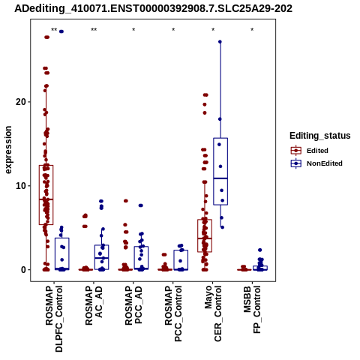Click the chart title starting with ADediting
pos(153,9)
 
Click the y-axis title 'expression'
pos(8,150)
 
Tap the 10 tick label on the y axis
pos(21,186)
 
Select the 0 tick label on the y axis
pos(24,270)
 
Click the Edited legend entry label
pos(317,151)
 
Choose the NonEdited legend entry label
pos(325,163)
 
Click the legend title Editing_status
pos(320,136)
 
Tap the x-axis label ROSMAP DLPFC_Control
pos(54,319)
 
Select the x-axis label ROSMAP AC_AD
pos(94,305)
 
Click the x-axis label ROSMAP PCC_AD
pos(133,305)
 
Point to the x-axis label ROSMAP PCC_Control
pos(173,313)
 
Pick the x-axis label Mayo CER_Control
pos(213,313)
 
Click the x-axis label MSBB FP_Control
pos(252,310)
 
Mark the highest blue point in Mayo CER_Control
pos(220,42)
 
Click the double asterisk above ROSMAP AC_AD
pos(94,30)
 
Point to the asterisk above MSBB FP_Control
pos(252,30)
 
